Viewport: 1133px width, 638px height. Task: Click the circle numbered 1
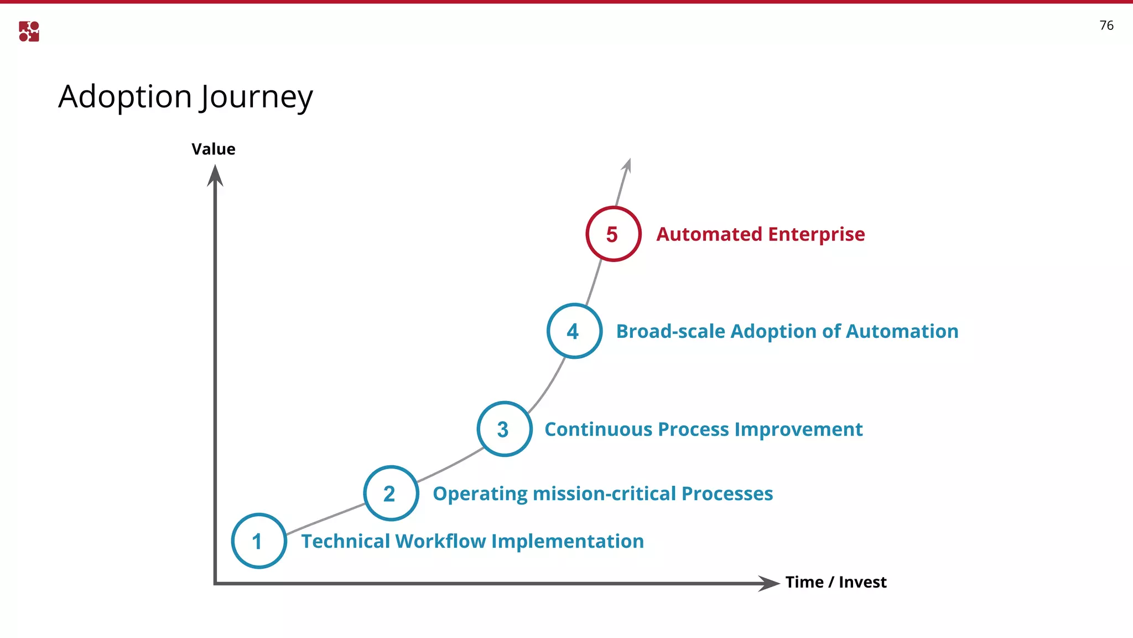[259, 541]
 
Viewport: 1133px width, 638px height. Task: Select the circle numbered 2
[391, 493]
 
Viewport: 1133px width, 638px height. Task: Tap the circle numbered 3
[504, 429]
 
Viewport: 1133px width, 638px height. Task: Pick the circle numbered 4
[574, 331]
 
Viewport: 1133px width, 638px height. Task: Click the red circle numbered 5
[613, 234]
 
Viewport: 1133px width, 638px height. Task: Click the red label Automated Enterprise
[760, 234]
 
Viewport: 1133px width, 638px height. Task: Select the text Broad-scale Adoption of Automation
[787, 331]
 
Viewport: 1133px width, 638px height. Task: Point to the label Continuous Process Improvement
[703, 429]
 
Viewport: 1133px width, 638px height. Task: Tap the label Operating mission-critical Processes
[602, 493]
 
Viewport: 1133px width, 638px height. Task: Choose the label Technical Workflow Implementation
[472, 541]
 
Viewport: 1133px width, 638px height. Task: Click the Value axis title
[214, 149]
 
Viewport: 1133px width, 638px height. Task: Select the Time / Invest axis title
[835, 582]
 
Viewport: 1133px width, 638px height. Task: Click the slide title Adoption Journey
[186, 97]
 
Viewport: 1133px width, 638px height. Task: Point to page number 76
[1106, 25]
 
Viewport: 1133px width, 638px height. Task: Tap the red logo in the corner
[29, 32]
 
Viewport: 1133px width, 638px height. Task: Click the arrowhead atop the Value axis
[215, 176]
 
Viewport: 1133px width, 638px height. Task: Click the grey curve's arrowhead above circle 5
[627, 165]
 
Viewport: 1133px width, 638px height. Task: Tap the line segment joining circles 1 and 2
[325, 518]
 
